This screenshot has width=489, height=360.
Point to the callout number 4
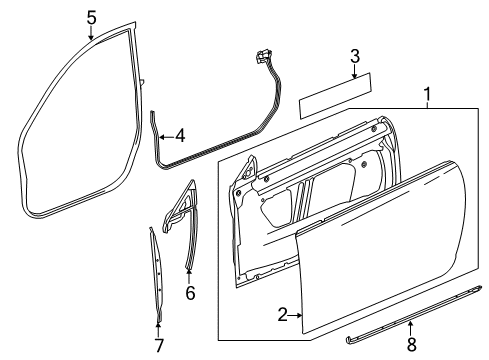point(179,135)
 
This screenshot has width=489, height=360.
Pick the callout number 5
point(91,17)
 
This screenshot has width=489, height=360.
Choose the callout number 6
point(190,293)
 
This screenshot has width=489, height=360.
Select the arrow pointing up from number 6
point(190,272)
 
